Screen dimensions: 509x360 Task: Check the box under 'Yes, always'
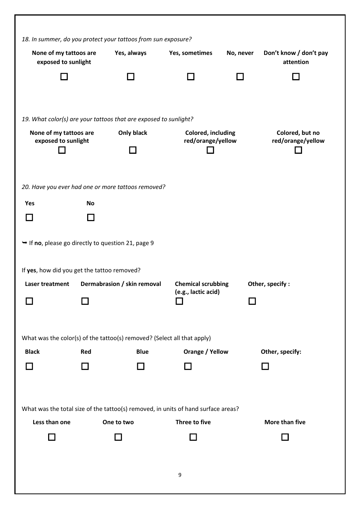(131, 77)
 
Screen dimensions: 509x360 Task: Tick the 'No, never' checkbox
(240, 77)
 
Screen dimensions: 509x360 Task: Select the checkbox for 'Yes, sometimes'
(191, 77)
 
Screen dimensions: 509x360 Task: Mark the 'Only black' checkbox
(133, 150)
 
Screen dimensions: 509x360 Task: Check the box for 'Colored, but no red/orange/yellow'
(298, 150)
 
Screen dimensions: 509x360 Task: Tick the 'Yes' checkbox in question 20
(29, 217)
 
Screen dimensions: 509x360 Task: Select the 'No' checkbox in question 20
(91, 217)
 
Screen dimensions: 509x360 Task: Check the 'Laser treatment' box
(29, 301)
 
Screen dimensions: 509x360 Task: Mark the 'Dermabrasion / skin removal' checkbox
(85, 301)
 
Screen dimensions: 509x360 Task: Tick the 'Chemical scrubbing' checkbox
(179, 301)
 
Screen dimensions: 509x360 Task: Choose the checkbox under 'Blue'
(141, 366)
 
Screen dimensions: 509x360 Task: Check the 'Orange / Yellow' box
(188, 366)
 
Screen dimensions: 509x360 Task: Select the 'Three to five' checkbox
(193, 437)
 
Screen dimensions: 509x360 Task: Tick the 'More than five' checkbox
(285, 437)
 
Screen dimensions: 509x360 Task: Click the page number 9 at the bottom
(180, 475)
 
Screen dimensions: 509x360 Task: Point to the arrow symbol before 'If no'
(25, 243)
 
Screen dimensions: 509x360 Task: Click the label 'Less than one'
(52, 422)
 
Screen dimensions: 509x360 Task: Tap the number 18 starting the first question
(25, 39)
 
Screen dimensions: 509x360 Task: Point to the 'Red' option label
(86, 352)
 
